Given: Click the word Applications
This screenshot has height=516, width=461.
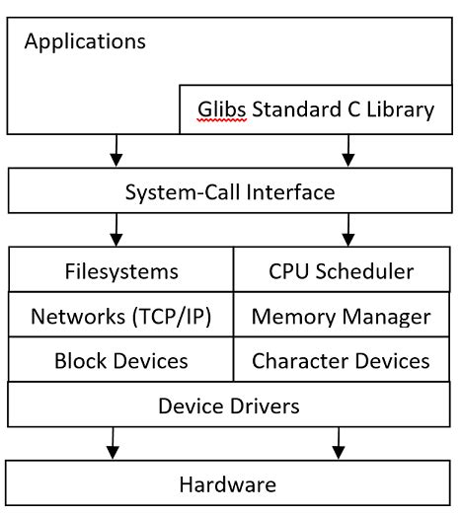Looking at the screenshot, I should [85, 41].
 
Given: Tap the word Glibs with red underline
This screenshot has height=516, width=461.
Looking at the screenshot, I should [217, 110].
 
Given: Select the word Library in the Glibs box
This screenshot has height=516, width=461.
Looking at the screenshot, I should [399, 110].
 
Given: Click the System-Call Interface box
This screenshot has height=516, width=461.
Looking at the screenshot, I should [230, 191].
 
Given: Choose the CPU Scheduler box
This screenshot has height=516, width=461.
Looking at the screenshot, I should [341, 269].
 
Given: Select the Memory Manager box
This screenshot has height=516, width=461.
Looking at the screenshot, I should [341, 316].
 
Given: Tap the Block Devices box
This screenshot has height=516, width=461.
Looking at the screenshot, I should [120, 361].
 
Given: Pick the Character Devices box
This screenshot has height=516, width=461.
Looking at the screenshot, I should [341, 361].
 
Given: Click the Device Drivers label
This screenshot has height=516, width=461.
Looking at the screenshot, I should [230, 405].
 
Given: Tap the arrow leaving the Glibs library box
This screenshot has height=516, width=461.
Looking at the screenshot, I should [346, 150].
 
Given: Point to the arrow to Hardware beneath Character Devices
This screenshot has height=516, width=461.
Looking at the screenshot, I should [340, 443].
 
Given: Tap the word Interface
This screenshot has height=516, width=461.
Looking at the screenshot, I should [292, 191].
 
